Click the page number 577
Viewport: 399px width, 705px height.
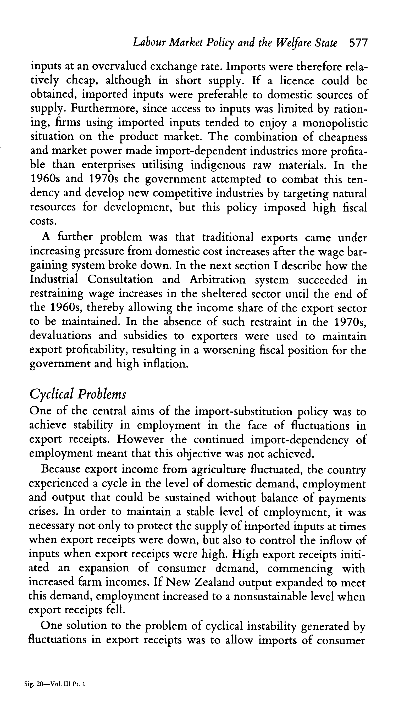pyautogui.click(x=358, y=43)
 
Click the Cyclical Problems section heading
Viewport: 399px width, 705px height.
pyautogui.click(x=78, y=395)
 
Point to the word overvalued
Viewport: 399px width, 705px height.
pyautogui.click(x=119, y=66)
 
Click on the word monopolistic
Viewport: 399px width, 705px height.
pyautogui.click(x=335, y=123)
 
